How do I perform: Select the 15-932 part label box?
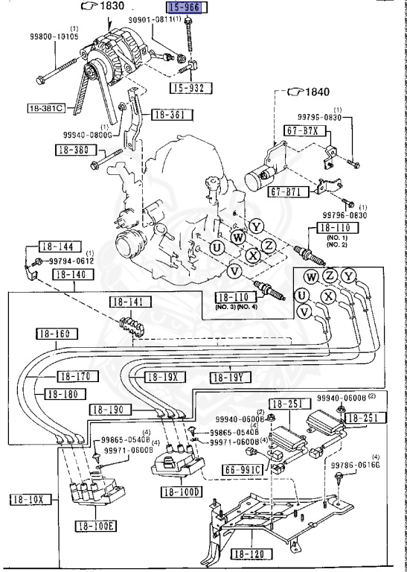point(190,89)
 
